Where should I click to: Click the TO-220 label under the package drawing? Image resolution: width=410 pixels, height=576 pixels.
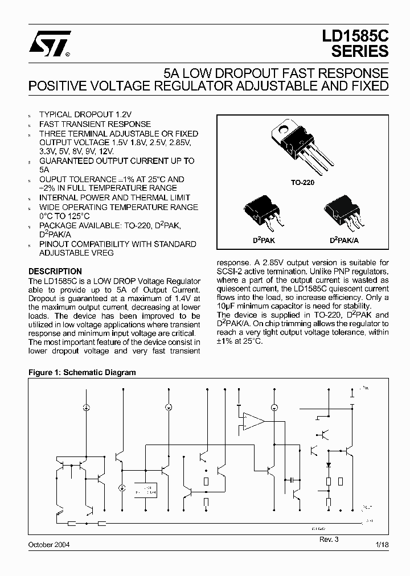coord(302,184)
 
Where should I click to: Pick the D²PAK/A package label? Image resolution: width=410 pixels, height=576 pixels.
coord(344,241)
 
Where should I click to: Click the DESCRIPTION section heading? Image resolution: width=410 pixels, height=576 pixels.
coord(55,271)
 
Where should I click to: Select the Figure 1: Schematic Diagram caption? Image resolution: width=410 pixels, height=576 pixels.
coord(82,373)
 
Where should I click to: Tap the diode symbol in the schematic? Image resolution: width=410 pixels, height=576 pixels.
coord(329,464)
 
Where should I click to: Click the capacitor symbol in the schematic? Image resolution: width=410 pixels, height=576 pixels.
coord(292,479)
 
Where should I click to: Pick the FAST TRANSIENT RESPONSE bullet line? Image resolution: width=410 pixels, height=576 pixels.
coord(95,124)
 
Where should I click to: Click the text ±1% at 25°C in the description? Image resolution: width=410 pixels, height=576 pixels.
coord(240,341)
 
